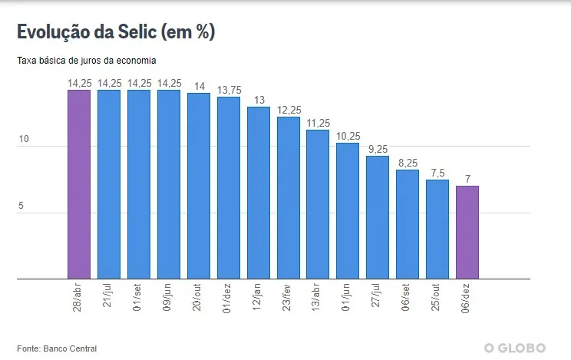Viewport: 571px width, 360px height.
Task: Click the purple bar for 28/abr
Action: coord(79,184)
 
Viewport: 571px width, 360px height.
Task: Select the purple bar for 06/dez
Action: coord(467,232)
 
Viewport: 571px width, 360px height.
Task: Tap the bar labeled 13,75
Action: coord(229,187)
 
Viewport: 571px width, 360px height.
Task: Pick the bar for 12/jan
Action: coord(259,192)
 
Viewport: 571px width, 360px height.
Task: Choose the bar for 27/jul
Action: coord(378,217)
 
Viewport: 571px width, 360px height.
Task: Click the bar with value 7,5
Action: coord(437,229)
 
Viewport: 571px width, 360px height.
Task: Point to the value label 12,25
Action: coord(289,111)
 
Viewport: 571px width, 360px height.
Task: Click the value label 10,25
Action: coord(348,137)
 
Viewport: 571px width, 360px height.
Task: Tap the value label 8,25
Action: coord(408,163)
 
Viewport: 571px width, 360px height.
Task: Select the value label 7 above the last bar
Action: coord(467,180)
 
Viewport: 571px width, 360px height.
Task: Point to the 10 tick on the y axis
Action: coord(24,140)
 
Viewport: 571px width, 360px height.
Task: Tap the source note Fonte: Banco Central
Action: coord(57,348)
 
